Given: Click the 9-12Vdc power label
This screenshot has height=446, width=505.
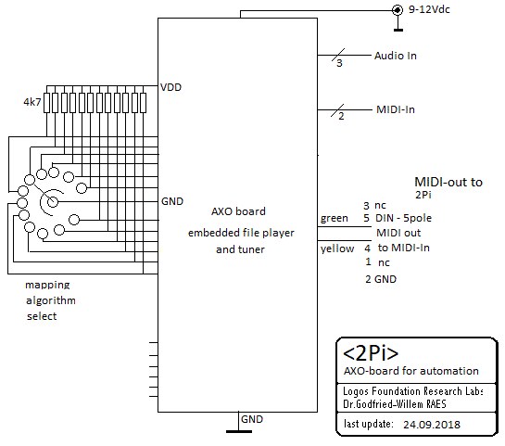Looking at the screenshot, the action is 429,9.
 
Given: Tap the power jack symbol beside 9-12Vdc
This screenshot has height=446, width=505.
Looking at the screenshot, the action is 398,10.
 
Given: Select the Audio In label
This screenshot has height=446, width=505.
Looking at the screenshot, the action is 395,56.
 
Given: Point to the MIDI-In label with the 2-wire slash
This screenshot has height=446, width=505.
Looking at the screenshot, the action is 396,109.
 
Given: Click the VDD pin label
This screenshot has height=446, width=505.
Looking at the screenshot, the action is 171,87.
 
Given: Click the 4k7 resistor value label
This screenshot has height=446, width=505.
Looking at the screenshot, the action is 32,102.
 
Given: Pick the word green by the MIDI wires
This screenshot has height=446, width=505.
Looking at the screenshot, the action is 335,219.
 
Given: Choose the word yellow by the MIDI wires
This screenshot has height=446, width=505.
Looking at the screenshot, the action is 337,248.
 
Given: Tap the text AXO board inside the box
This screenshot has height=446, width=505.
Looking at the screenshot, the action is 238,211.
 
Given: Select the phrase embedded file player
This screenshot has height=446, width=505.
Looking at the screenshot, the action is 241,233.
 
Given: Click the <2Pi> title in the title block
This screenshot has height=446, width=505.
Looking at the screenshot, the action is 371,353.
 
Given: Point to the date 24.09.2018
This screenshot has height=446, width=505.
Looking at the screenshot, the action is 432,425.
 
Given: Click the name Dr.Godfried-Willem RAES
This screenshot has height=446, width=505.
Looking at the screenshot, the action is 395,404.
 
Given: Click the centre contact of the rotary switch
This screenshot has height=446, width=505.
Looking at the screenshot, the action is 53,202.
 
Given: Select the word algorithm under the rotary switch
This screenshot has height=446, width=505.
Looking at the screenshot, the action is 51,300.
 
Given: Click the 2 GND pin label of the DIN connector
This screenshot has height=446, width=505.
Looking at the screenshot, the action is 381,279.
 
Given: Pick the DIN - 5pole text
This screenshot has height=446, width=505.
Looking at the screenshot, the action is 403,218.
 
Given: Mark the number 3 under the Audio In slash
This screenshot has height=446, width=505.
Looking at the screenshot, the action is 339,63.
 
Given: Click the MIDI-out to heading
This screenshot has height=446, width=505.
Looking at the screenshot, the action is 448,182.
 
